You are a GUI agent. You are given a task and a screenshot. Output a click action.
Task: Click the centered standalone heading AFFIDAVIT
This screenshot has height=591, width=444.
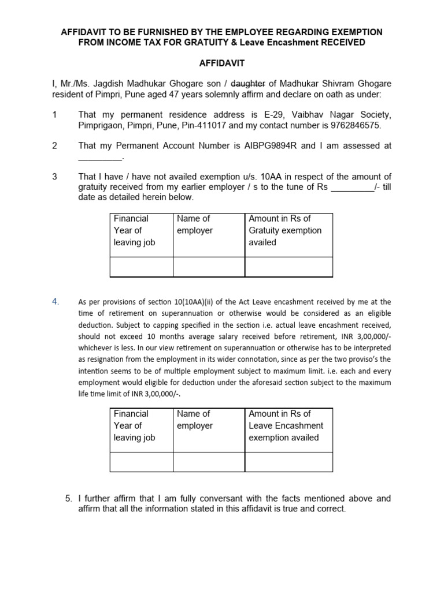[x=221, y=64]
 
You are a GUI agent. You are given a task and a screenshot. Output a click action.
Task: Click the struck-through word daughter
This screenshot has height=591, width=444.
[x=247, y=84]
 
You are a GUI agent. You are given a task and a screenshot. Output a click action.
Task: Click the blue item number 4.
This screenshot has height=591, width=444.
[x=55, y=301]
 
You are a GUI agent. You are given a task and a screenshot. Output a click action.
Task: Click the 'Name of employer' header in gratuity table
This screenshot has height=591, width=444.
[x=195, y=225]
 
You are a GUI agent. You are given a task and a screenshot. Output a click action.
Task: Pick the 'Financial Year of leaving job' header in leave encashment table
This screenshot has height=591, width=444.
[x=135, y=425]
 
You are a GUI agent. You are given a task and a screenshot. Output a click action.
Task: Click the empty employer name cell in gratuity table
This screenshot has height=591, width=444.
[x=209, y=267]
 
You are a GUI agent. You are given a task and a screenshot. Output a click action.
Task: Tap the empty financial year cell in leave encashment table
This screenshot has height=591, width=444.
[x=141, y=462]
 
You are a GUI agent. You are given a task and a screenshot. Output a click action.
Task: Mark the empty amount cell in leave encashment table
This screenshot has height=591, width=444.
[x=288, y=462]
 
